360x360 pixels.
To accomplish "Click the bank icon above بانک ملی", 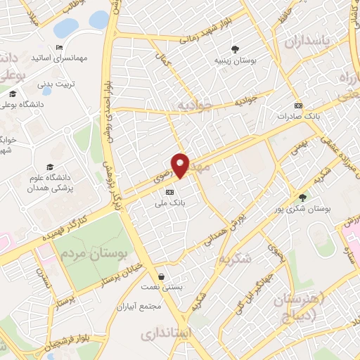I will tap(169, 192).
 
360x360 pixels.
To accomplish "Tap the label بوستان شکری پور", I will tap(303, 210).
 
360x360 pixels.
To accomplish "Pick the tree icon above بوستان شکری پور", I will tap(303, 198).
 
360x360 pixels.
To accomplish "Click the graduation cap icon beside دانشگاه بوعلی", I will tap(12, 94).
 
